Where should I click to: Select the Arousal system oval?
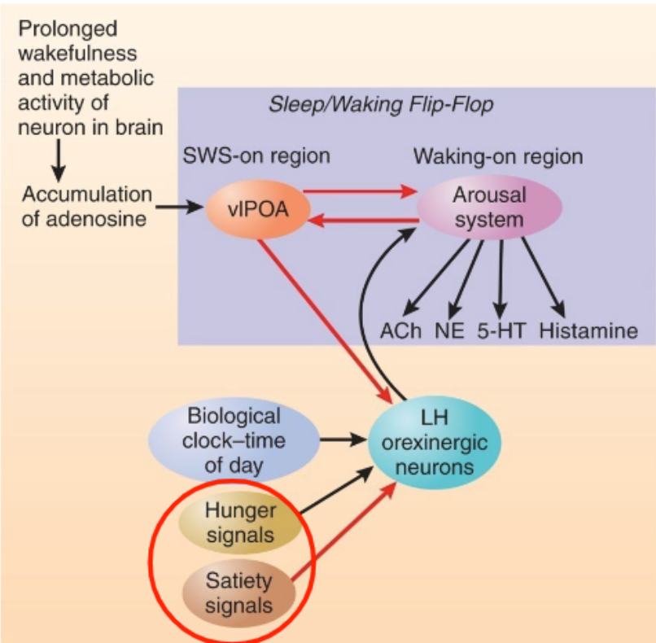[478, 208]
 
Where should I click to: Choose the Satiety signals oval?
[238, 593]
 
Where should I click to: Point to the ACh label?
[400, 331]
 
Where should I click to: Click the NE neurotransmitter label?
[449, 331]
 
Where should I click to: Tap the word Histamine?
[588, 331]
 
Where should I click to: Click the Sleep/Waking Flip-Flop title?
[380, 106]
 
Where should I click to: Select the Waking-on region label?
[498, 155]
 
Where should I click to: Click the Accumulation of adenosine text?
[87, 207]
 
